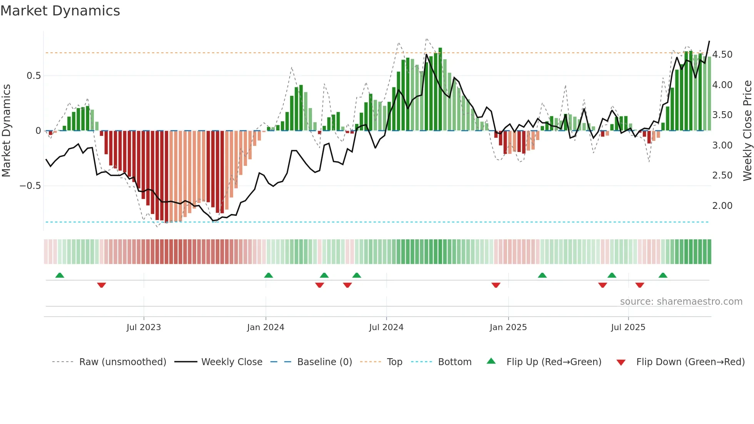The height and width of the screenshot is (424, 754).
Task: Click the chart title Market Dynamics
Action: point(60,11)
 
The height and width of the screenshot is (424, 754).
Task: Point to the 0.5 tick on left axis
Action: point(33,76)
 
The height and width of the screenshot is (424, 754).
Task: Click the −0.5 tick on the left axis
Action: point(30,186)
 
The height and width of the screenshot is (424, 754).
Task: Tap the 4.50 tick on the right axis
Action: point(722,55)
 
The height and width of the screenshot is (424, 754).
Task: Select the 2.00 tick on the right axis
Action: point(722,206)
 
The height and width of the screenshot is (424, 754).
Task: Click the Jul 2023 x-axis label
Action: point(143,327)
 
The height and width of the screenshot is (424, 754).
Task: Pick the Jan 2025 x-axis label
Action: point(508,327)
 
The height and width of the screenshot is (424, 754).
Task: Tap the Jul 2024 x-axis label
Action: point(386,327)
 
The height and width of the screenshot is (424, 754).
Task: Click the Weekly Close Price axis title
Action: point(747,131)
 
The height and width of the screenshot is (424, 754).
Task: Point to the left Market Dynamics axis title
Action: point(6,131)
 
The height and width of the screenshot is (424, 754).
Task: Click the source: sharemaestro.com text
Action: point(681,302)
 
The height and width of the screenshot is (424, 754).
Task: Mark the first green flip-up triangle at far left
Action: point(60,275)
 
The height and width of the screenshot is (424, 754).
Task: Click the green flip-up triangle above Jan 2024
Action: point(269,275)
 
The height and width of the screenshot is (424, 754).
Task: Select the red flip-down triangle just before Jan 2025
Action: point(496,285)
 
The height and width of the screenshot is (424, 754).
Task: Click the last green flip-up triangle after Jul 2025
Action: point(662,275)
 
